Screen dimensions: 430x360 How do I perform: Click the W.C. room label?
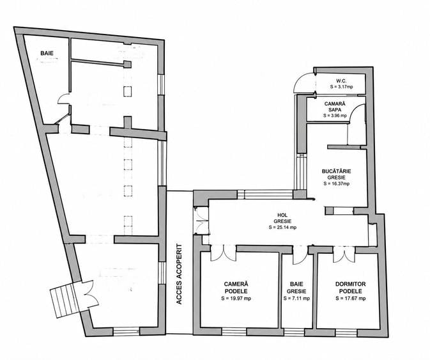pyautogui.click(x=341, y=81)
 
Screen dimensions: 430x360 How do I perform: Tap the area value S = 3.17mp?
pyautogui.click(x=341, y=87)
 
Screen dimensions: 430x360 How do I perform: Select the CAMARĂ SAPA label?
pyautogui.click(x=335, y=106)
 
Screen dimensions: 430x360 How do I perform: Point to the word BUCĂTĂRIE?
pyautogui.click(x=336, y=171)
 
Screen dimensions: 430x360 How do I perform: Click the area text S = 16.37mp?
pyautogui.click(x=336, y=184)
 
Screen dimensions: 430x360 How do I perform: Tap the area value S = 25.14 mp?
pyautogui.click(x=282, y=227)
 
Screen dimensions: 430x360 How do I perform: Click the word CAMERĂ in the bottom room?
pyautogui.click(x=236, y=284)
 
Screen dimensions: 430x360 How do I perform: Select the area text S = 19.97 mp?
pyautogui.click(x=236, y=298)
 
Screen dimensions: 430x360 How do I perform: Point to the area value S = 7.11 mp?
pyautogui.click(x=296, y=298)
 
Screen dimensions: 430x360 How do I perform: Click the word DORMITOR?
pyautogui.click(x=351, y=284)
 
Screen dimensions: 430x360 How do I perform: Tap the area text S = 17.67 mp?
pyautogui.click(x=351, y=298)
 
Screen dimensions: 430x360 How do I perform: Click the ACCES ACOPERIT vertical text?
pyautogui.click(x=179, y=274)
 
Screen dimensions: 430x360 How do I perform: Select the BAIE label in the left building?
pyautogui.click(x=47, y=53)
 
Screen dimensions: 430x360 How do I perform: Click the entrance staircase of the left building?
pyautogui.click(x=63, y=300)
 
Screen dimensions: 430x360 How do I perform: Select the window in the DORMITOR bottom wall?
pyautogui.click(x=346, y=333)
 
